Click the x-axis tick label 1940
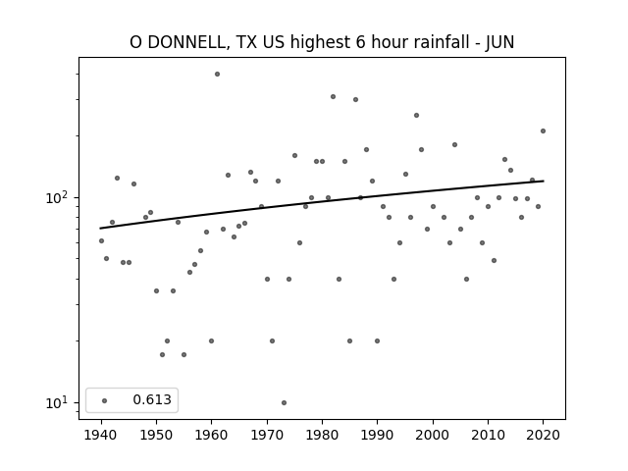101,435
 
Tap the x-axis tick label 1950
157,435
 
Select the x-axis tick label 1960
212,435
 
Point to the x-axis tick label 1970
267,435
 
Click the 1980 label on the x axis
323,435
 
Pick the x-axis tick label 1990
377,435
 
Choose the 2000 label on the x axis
433,435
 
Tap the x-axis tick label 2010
488,435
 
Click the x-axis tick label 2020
543,435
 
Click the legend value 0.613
152,399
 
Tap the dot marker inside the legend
105,400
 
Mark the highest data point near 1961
217,75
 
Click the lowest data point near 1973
284,403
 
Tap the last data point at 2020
543,131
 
